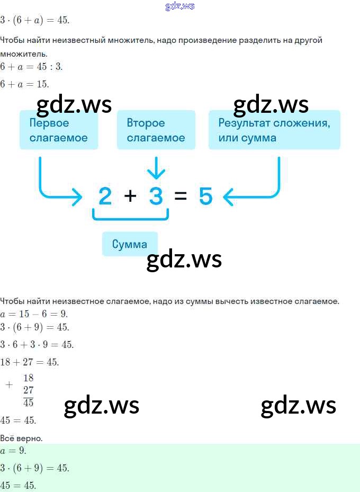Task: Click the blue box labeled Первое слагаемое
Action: (x=58, y=130)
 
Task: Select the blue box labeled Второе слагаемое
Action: (x=156, y=130)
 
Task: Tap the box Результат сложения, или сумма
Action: (x=274, y=130)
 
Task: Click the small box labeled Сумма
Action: (x=130, y=244)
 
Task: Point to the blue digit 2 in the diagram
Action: (x=105, y=196)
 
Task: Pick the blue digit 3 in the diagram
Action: (x=156, y=196)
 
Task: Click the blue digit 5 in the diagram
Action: (x=205, y=196)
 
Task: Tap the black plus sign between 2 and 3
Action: (x=130, y=196)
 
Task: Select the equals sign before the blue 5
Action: (x=181, y=196)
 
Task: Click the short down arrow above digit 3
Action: (x=156, y=168)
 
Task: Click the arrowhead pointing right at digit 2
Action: (x=77, y=197)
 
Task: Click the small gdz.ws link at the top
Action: (x=180, y=6)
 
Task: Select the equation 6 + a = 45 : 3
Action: (x=32, y=67)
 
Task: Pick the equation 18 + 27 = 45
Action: (x=30, y=362)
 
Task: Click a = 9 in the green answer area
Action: (x=13, y=451)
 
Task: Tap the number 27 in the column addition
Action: (x=29, y=390)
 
